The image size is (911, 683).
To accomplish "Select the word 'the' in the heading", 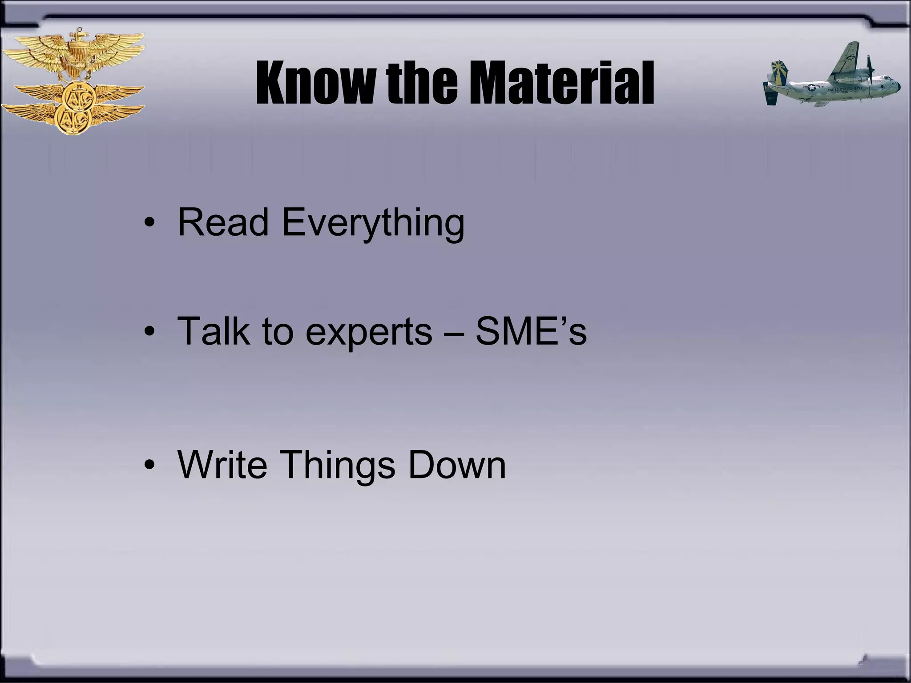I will pyautogui.click(x=421, y=83).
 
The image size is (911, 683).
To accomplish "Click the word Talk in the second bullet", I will pyautogui.click(x=213, y=331).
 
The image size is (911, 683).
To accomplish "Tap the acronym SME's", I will pyautogui.click(x=531, y=331).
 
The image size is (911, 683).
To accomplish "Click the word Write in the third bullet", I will pyautogui.click(x=222, y=465).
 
